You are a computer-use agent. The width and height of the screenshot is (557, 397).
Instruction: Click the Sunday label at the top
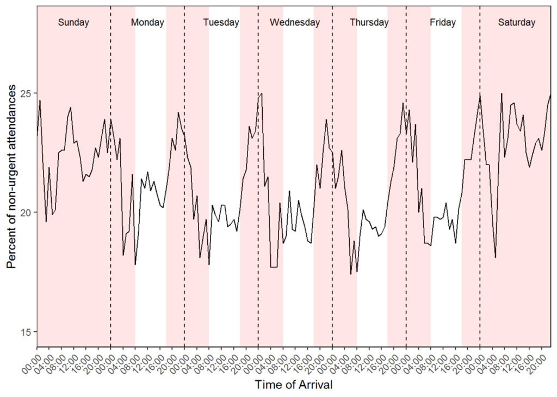[73, 23]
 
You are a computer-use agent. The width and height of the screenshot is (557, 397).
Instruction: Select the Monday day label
[147, 23]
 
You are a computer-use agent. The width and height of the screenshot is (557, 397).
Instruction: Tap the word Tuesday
[221, 23]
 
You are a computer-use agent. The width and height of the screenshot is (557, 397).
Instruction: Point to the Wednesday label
[295, 23]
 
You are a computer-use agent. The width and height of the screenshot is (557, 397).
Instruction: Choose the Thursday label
[369, 23]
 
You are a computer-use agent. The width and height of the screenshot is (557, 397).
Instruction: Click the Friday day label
[443, 23]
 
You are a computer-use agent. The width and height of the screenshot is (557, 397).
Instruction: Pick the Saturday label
[516, 23]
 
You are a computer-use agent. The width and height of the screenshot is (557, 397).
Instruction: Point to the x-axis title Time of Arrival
[294, 385]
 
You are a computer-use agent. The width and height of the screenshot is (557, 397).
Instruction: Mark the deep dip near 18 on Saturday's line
[496, 257]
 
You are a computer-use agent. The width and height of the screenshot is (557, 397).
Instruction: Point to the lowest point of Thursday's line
[351, 274]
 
